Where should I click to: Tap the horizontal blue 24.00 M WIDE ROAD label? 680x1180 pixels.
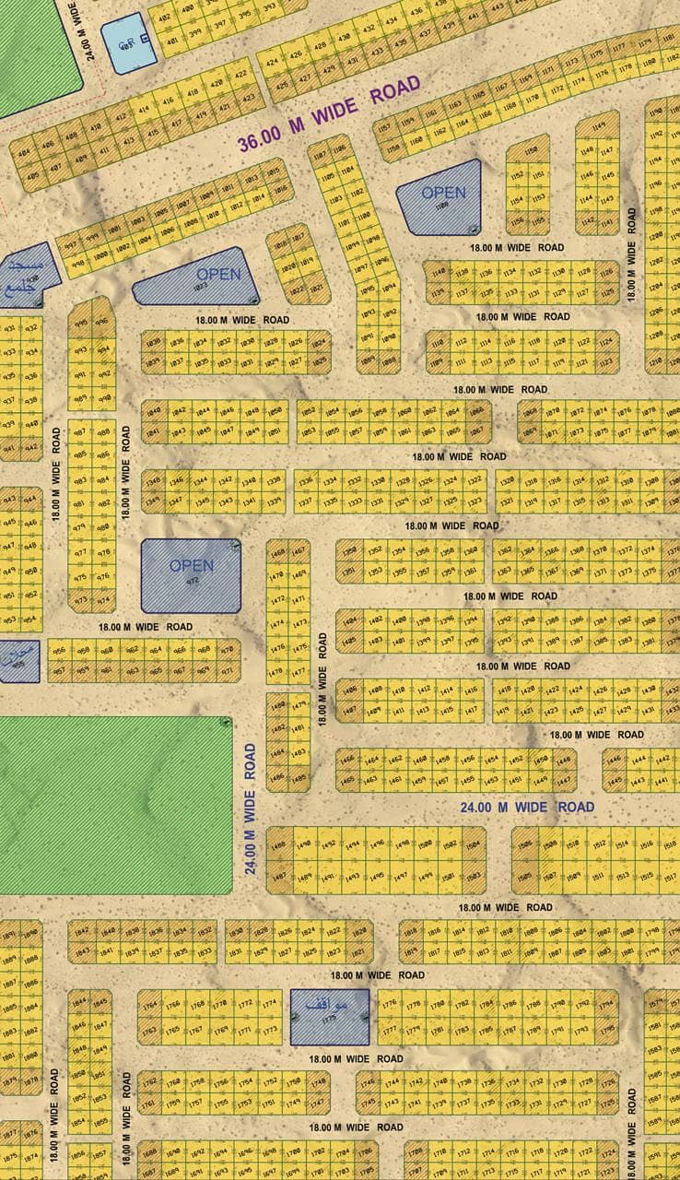pyautogui.click(x=527, y=807)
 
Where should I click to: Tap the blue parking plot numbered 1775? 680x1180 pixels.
pyautogui.click(x=329, y=1017)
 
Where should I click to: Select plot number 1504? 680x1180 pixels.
pyautogui.click(x=474, y=845)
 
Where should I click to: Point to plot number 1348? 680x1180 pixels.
pyautogui.click(x=153, y=480)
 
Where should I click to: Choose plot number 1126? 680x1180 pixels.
pyautogui.click(x=606, y=273)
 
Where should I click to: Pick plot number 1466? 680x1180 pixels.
pyautogui.click(x=347, y=759)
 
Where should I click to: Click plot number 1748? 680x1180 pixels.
pyautogui.click(x=318, y=1081)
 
